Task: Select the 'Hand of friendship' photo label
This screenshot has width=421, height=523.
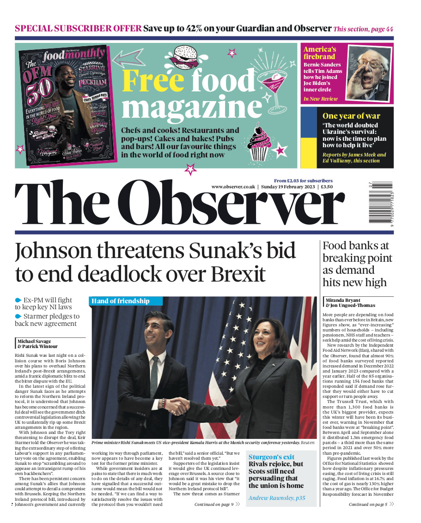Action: click(121, 301)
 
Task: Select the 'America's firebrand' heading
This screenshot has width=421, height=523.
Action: click(320, 53)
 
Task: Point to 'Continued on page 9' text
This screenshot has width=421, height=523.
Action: click(214, 505)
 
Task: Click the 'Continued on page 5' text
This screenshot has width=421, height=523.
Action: click(368, 505)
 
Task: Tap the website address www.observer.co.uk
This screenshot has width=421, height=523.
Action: click(233, 186)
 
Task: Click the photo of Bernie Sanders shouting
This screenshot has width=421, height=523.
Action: click(367, 73)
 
